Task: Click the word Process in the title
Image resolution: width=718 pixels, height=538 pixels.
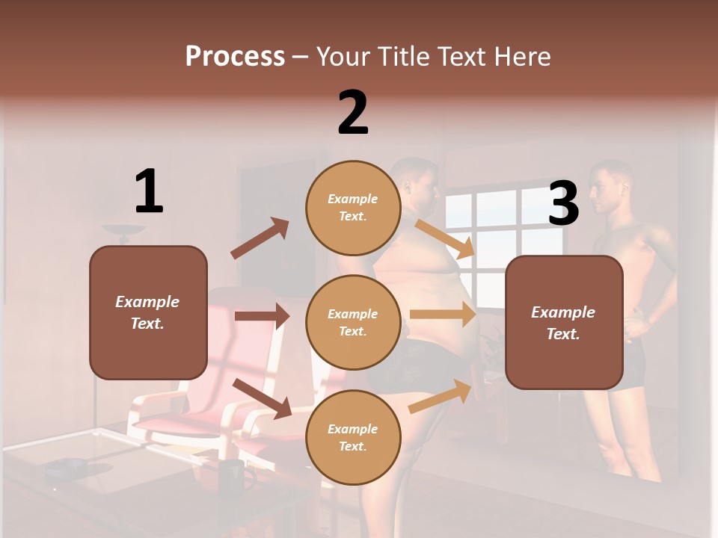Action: click(235, 56)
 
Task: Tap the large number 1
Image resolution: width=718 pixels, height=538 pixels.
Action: click(149, 192)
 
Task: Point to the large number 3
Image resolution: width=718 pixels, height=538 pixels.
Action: click(564, 204)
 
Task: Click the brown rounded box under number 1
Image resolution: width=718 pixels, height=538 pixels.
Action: click(148, 312)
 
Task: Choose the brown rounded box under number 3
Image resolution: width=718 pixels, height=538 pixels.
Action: click(564, 322)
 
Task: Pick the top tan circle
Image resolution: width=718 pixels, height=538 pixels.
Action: click(353, 208)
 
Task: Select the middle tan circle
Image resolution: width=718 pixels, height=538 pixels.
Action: click(353, 322)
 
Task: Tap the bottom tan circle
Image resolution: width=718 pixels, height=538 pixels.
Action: click(353, 437)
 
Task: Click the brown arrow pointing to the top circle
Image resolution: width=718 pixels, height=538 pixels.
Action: click(260, 238)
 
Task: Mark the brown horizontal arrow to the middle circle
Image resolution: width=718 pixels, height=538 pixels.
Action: click(262, 316)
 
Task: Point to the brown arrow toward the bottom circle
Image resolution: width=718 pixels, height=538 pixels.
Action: click(263, 398)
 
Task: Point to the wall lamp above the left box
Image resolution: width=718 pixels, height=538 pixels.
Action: click(124, 232)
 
